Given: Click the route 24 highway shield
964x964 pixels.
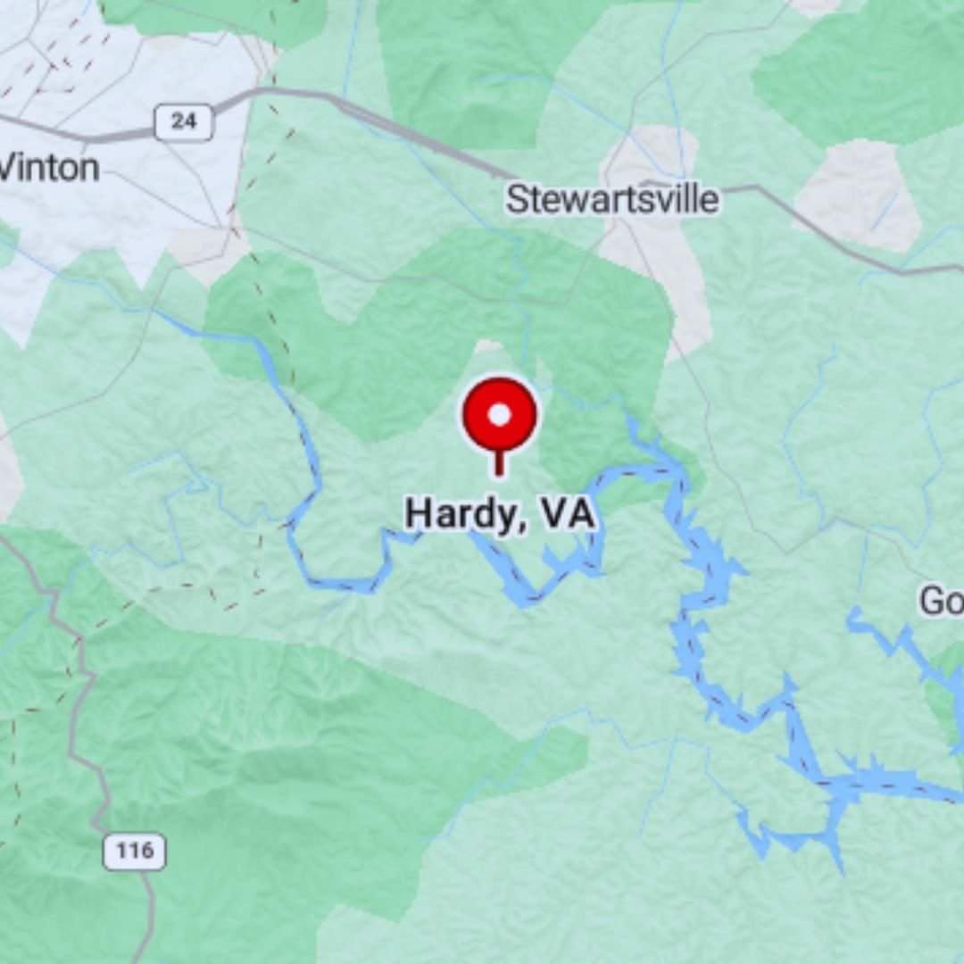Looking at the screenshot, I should pyautogui.click(x=184, y=121).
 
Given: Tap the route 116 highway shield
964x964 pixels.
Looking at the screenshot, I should pyautogui.click(x=135, y=851).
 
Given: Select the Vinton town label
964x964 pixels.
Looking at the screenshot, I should pyautogui.click(x=48, y=167).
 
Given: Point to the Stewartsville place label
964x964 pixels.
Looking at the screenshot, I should pyautogui.click(x=611, y=199).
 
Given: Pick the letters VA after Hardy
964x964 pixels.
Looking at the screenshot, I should pyautogui.click(x=567, y=515).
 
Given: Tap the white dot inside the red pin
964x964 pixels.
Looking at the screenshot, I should pyautogui.click(x=500, y=415).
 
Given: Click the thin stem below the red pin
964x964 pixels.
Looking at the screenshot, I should pyautogui.click(x=500, y=462).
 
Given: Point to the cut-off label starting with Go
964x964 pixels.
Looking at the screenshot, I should pyautogui.click(x=941, y=602).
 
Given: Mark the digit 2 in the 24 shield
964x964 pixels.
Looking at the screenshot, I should pyautogui.click(x=176, y=121).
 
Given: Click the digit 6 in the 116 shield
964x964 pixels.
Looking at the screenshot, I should pyautogui.click(x=148, y=851).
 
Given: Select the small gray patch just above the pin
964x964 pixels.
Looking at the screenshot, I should pyautogui.click(x=488, y=345).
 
